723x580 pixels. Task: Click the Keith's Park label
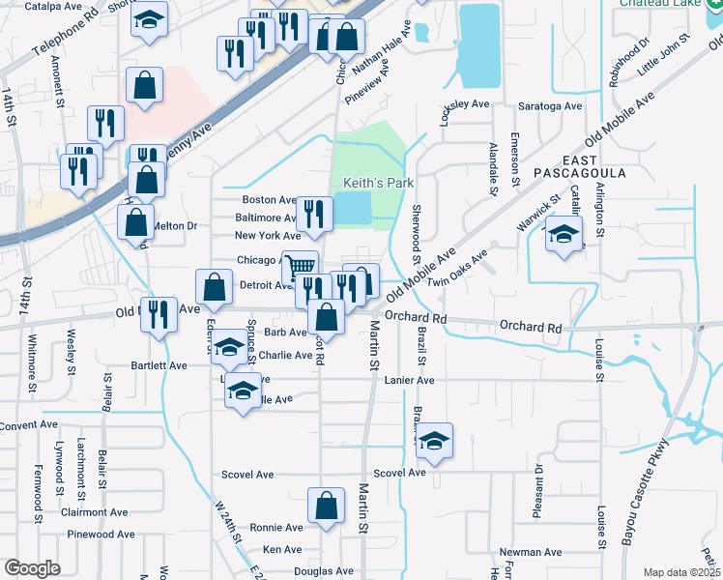365,183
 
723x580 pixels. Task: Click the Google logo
32,568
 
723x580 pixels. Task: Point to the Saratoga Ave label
551,105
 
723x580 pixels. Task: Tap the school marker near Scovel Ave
435,441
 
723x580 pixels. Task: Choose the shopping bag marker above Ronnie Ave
326,504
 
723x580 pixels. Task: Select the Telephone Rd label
65,38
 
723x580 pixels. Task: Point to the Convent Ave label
30,425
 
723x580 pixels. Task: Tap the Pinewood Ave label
101,534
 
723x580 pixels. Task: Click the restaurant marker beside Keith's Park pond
313,212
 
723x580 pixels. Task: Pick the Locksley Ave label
465,104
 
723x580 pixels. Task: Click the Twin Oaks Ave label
458,269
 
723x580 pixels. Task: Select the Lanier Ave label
410,381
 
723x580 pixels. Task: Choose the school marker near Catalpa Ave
149,20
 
